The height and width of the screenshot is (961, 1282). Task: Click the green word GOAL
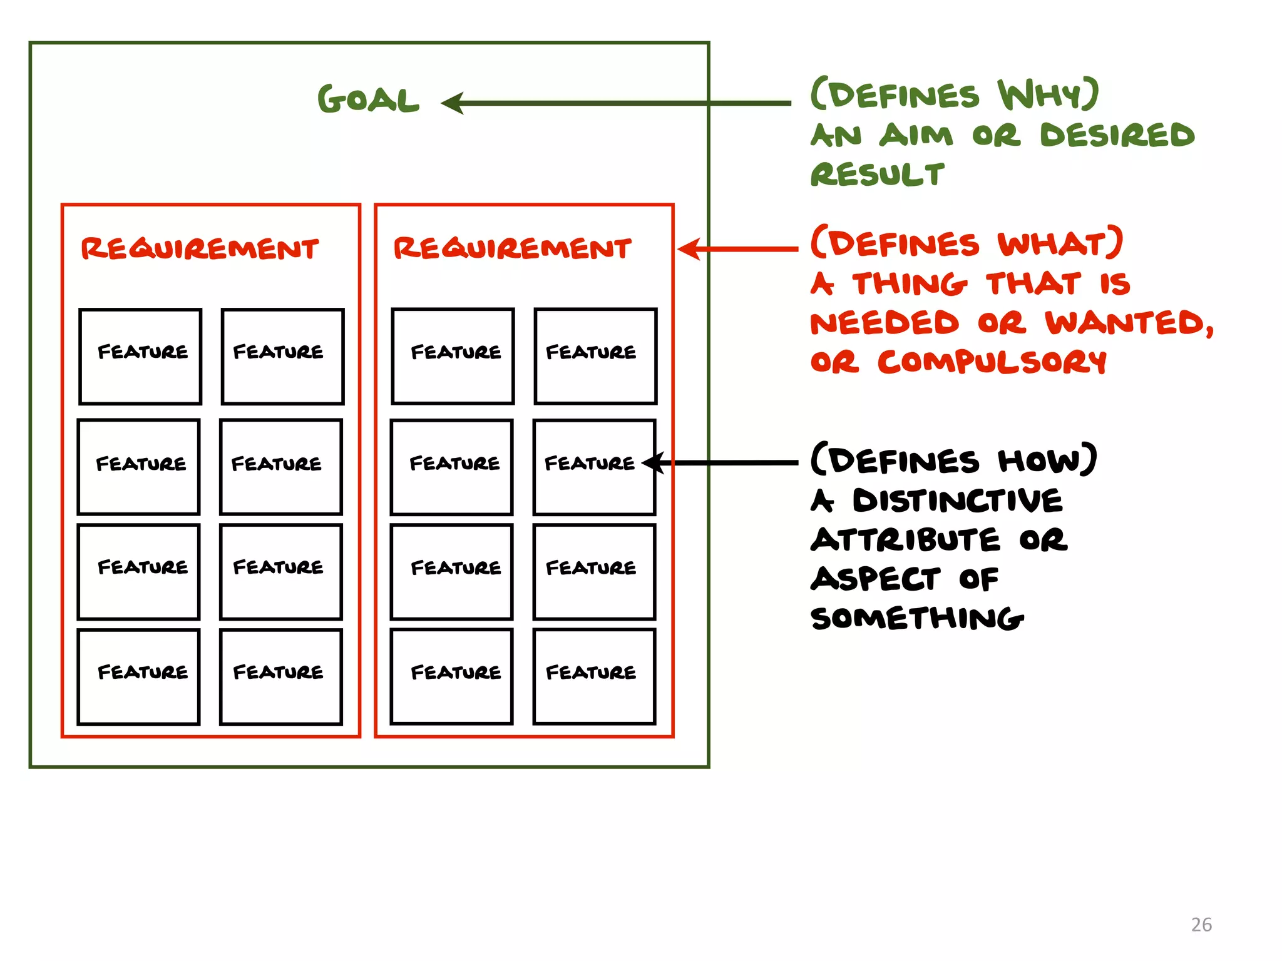coord(368,100)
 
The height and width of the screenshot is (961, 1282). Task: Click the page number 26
coord(1201,925)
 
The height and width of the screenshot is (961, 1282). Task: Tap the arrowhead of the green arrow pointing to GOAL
coord(452,103)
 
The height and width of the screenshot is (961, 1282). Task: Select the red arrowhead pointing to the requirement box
coord(689,249)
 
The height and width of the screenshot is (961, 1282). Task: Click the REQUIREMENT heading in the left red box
coord(200,249)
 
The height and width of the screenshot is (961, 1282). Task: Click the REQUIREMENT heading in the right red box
coord(512,248)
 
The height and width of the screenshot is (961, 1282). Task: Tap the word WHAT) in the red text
coord(1060,243)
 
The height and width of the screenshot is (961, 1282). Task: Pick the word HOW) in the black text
coord(1047,460)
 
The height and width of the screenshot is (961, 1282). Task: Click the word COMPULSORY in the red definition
coord(992,362)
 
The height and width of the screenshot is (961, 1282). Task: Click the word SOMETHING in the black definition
coord(916,618)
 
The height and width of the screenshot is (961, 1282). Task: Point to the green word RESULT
coord(877,175)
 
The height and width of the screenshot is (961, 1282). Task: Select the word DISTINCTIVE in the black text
coord(958,501)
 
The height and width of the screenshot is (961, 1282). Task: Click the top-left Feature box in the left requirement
coord(140,356)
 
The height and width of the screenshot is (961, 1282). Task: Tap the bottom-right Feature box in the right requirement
coord(594,676)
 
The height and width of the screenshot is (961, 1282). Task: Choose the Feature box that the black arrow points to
coord(594,467)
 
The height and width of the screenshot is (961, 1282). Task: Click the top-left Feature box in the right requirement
coord(453,356)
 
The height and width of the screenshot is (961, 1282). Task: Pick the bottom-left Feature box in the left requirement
coord(139,676)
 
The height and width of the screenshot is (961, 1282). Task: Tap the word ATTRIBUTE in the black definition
coord(905,540)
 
